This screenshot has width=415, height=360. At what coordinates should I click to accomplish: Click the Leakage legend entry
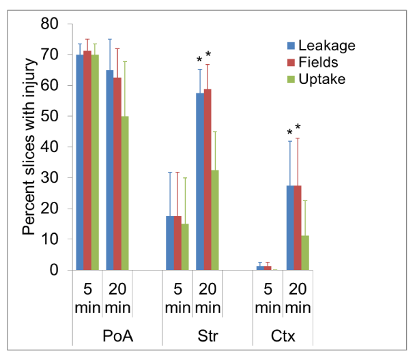(x=321, y=46)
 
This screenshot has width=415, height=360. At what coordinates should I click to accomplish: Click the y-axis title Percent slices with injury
(x=29, y=147)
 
